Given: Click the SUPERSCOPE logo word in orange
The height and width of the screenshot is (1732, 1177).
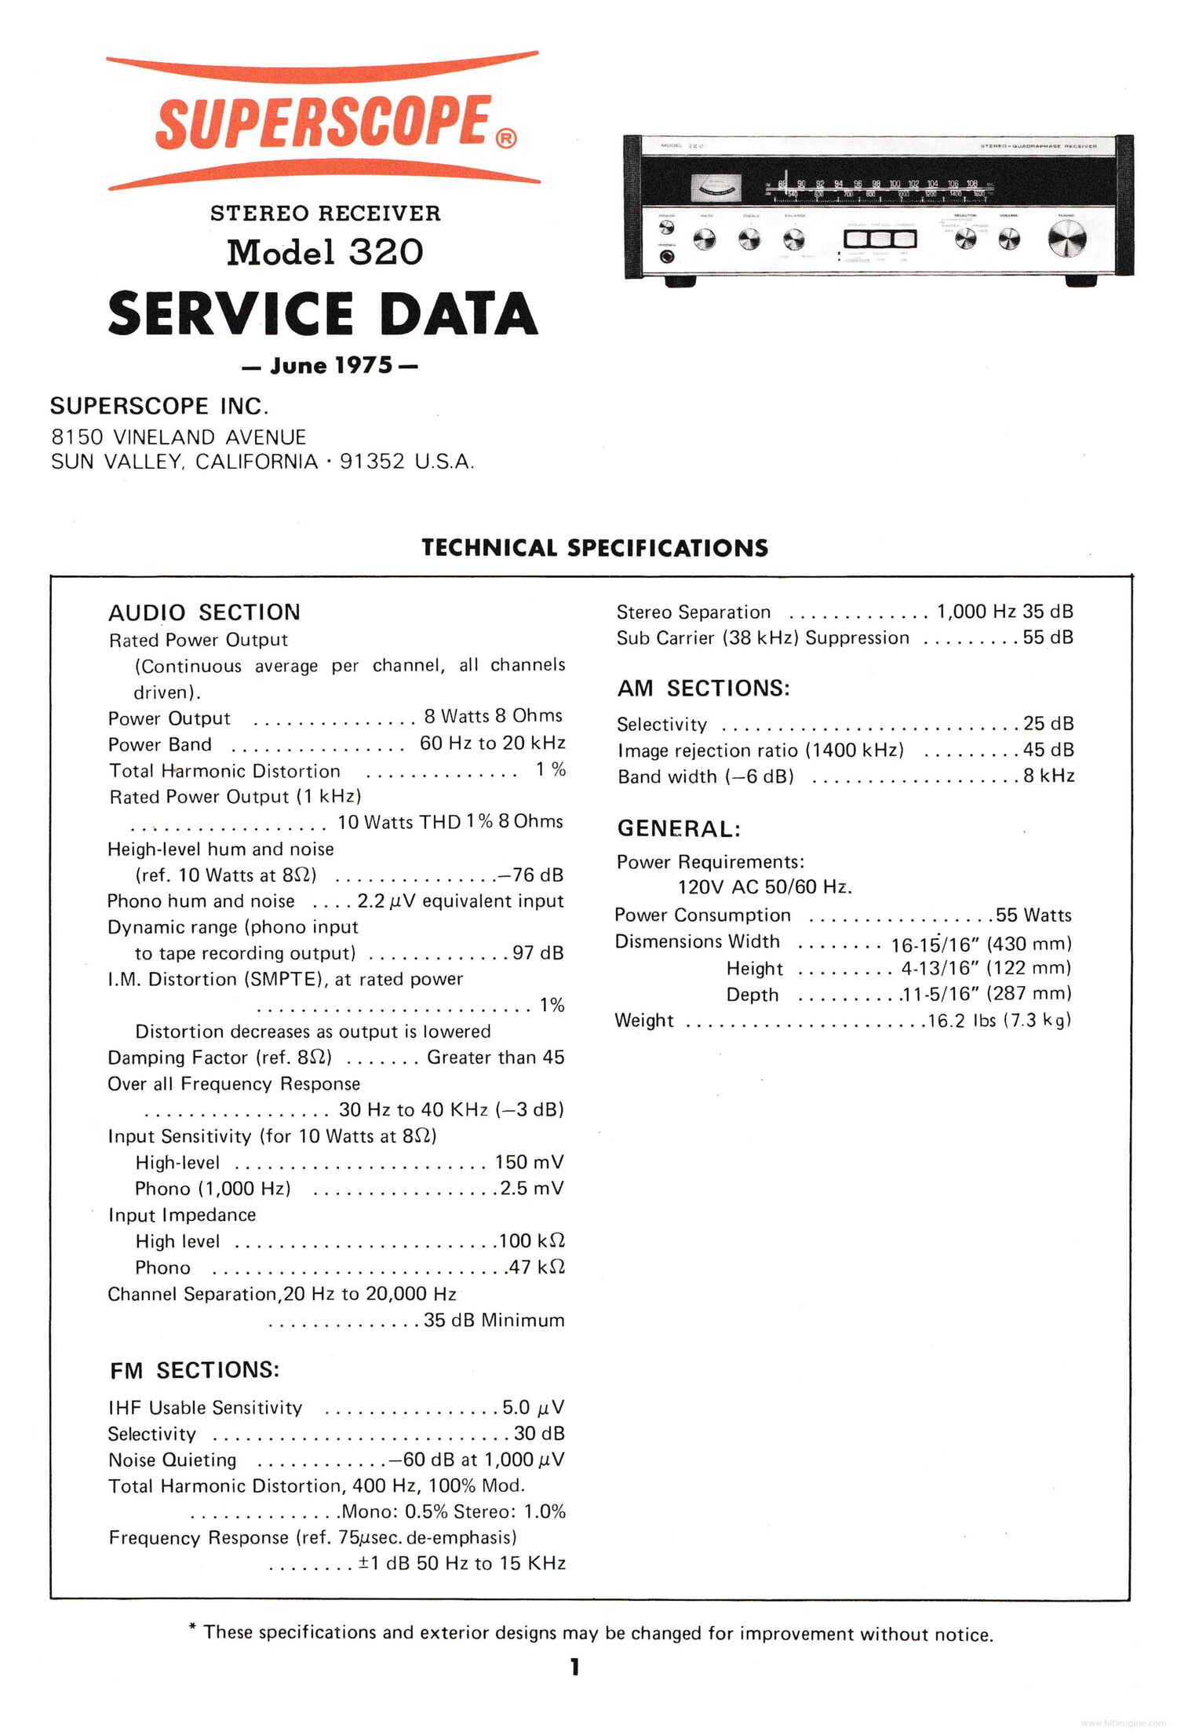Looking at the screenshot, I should (323, 122).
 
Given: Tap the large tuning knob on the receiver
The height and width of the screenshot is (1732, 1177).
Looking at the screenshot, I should (1067, 239).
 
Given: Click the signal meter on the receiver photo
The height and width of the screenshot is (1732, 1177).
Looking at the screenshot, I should (715, 187).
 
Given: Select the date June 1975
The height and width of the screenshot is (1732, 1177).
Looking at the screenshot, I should (330, 366).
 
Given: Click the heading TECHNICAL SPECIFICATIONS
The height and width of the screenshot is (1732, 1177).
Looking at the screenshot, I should (594, 547).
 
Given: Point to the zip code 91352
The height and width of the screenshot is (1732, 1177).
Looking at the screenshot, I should (372, 462).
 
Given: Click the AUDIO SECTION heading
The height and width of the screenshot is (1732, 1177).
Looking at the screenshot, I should (204, 612).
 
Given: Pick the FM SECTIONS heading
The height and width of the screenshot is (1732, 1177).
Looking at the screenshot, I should (195, 1370).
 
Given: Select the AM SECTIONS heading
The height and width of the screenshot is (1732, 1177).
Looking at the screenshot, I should (703, 688).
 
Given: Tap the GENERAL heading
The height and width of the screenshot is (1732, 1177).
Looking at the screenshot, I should (679, 828).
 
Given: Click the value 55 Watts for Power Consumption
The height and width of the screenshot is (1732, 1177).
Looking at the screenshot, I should (1033, 915).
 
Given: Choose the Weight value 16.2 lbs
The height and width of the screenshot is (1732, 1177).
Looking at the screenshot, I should (961, 1021).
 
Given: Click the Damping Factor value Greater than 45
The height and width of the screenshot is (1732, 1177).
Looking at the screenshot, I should (495, 1058).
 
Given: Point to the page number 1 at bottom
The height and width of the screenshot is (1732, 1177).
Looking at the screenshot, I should (575, 1667).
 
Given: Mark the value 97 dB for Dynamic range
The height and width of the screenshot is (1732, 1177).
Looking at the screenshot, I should (537, 952).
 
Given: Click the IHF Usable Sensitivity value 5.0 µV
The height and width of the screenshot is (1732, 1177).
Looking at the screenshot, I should (533, 1407).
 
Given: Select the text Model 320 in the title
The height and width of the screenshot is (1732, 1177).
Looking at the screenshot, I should (325, 252).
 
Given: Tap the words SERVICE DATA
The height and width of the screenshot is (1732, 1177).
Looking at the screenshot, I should (322, 313).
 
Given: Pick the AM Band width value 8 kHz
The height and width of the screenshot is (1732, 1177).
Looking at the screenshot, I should (1048, 776).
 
